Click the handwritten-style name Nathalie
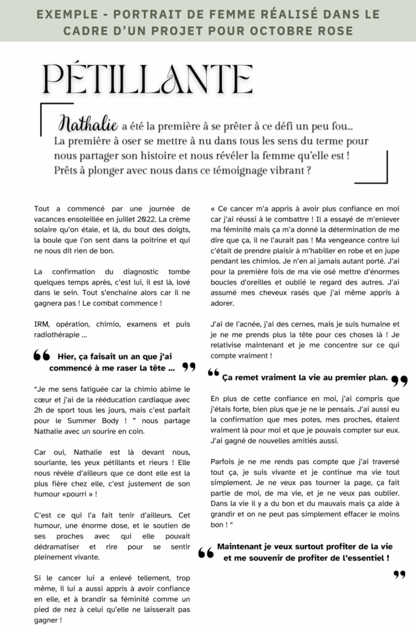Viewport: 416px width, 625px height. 88,125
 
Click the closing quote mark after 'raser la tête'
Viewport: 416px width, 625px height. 188,367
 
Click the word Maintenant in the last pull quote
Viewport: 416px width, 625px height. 241,547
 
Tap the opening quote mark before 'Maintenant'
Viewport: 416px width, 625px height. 206,553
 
